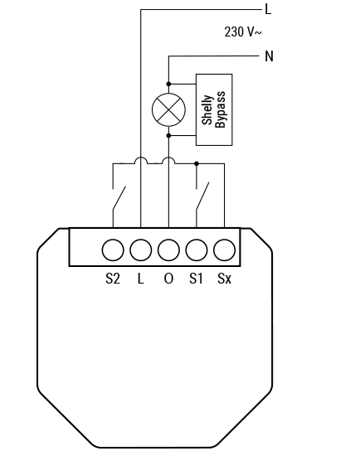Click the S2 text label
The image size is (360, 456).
(113, 279)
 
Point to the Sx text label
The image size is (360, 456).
(225, 279)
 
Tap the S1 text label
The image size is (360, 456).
(196, 279)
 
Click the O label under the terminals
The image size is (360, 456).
(168, 279)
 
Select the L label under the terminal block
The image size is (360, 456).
(140, 279)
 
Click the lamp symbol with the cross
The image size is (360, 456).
(168, 109)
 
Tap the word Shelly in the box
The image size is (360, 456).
(207, 109)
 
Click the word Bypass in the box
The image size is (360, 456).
(221, 109)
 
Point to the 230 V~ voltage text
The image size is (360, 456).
(243, 32)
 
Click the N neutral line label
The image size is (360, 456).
(269, 56)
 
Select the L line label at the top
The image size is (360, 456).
(268, 9)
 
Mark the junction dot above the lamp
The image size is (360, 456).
(168, 84)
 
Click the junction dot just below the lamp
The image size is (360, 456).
(168, 135)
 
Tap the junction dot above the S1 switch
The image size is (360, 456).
(197, 163)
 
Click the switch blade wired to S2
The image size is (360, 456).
(119, 198)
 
